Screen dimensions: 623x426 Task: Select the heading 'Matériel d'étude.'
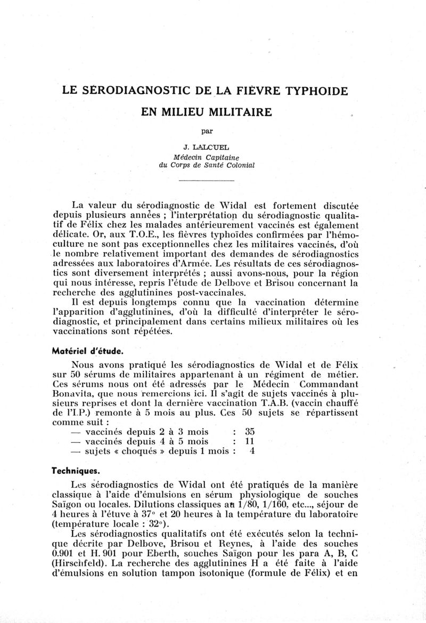86,351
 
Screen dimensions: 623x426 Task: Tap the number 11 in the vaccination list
249,441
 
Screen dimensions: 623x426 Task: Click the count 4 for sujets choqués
252,451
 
